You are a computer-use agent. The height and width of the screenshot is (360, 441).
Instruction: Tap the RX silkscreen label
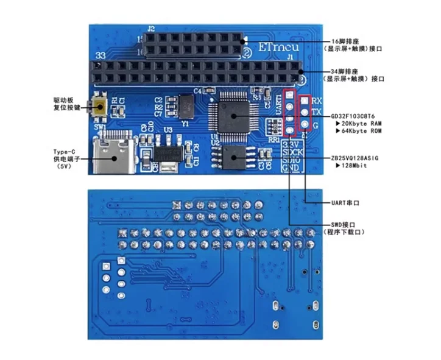click(317, 101)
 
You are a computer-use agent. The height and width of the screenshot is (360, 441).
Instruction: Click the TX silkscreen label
click(317, 113)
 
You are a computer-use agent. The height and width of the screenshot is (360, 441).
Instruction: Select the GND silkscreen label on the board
click(290, 167)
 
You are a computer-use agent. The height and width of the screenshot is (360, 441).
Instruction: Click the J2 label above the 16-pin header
click(151, 28)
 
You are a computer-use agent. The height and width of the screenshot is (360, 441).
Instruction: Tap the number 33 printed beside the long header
click(102, 56)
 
